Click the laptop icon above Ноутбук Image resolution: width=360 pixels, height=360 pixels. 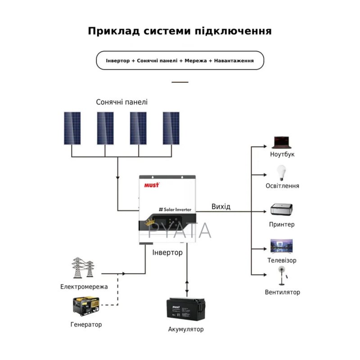(x=282, y=142)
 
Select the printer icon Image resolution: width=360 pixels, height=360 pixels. (x=282, y=210)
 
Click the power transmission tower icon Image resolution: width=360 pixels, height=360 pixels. (x=82, y=268)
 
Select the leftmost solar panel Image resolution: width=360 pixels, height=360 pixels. (x=72, y=128)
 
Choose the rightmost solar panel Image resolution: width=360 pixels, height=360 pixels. (x=171, y=128)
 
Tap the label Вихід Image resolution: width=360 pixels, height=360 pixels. (x=221, y=207)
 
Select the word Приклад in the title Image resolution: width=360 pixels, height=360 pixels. (x=115, y=31)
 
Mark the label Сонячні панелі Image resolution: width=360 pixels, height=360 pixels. (x=121, y=102)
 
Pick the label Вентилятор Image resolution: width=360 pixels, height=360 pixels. (x=282, y=292)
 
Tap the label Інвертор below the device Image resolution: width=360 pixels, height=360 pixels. (x=167, y=252)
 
